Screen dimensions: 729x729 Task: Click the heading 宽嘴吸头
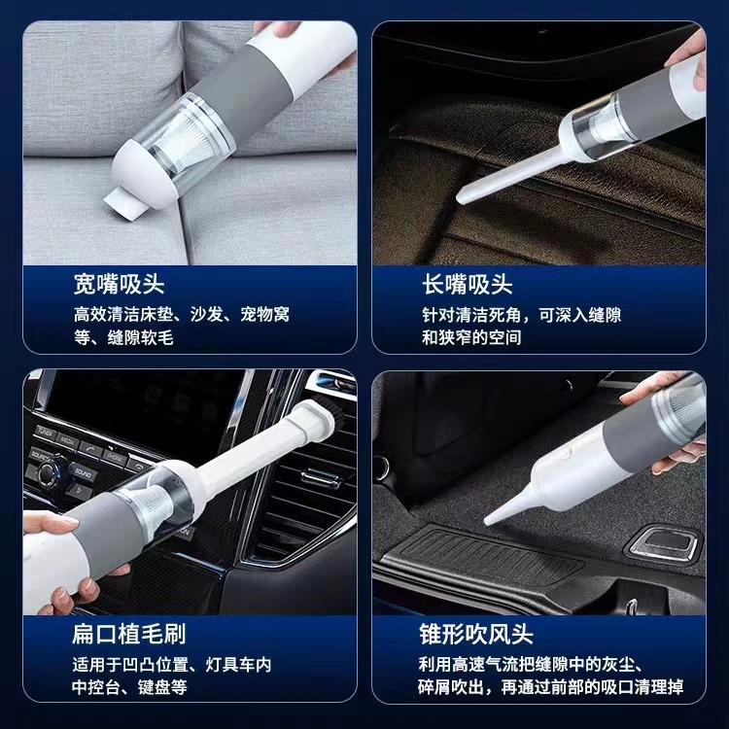(119, 284)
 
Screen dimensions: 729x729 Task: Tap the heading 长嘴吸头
(468, 284)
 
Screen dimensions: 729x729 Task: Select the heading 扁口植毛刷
(128, 633)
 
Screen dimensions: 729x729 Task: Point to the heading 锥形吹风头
(475, 633)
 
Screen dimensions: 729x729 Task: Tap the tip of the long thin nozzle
(461, 198)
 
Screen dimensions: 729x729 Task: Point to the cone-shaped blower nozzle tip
(488, 521)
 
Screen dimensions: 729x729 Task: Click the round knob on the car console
(49, 471)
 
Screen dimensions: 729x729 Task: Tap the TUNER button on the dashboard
(46, 432)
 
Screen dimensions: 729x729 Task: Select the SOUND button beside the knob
(84, 473)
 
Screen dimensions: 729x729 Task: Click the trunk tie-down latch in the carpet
(665, 542)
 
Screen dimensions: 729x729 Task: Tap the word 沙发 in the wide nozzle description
(206, 315)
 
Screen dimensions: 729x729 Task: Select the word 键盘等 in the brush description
(162, 687)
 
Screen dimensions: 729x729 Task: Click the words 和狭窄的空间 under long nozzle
(471, 337)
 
